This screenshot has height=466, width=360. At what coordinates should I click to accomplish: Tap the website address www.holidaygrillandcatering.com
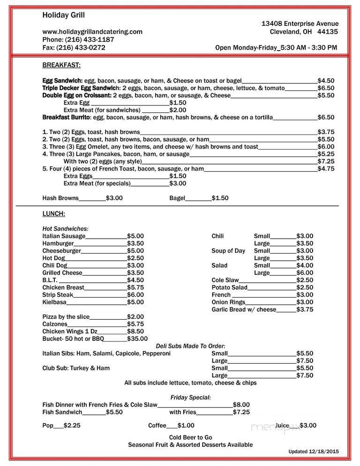click(x=92, y=31)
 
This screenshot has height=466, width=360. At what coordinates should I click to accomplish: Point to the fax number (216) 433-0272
click(x=81, y=47)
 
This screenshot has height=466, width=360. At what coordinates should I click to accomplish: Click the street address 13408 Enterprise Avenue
click(x=300, y=23)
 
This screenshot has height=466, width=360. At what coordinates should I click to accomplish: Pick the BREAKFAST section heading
click(x=61, y=65)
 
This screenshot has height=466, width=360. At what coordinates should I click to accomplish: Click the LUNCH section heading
click(x=53, y=213)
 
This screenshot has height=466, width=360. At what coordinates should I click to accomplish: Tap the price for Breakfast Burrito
click(x=326, y=117)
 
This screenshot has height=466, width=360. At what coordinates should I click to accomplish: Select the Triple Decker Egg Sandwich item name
click(x=82, y=88)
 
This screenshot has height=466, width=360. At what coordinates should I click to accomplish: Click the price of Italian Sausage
click(x=135, y=236)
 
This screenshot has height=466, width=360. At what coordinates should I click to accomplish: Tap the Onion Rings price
click(x=305, y=302)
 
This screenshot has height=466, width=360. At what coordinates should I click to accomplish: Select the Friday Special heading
click(x=190, y=397)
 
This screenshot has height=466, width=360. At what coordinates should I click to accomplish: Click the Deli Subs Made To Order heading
click(x=190, y=346)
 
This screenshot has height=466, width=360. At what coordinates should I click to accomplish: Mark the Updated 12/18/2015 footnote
click(x=314, y=451)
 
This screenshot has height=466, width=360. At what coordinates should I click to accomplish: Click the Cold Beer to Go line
click(x=190, y=437)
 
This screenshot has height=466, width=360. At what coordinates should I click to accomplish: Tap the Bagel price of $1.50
click(x=220, y=198)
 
